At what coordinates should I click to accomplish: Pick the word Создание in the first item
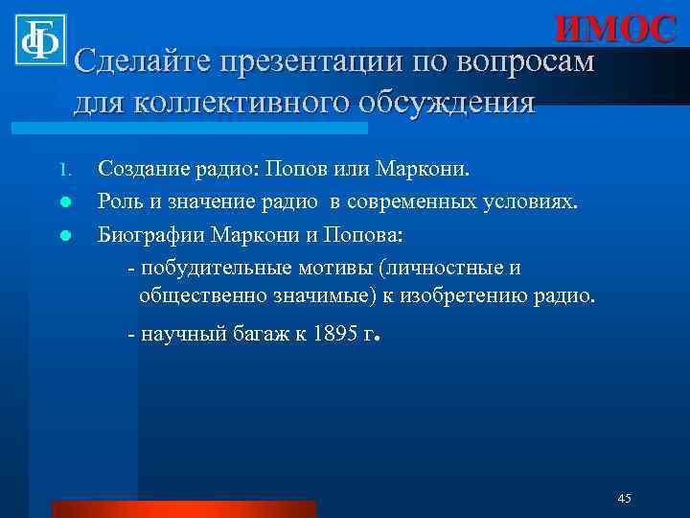pyautogui.click(x=145, y=171)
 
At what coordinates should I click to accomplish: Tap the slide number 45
pyautogui.click(x=624, y=498)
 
